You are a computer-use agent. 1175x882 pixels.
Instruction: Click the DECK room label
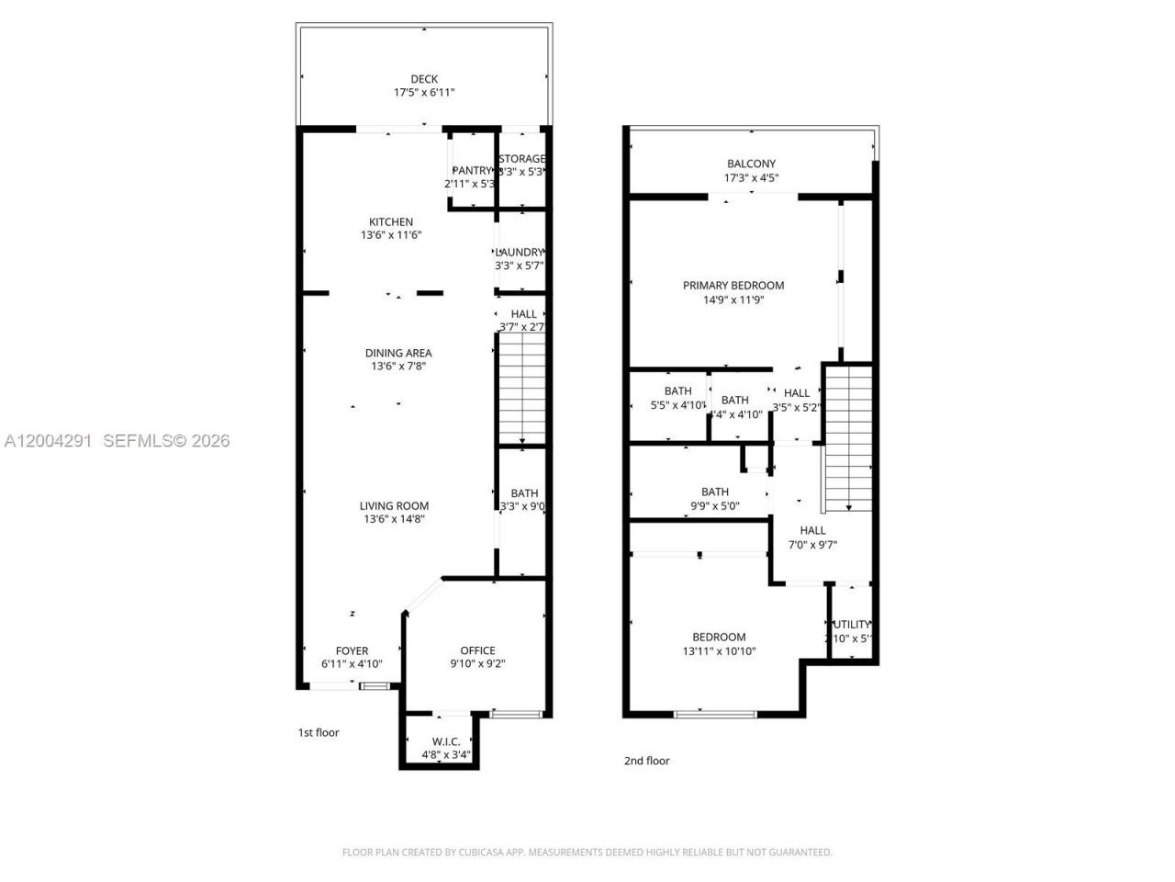(x=424, y=79)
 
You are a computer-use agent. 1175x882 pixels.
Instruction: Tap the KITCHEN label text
(x=391, y=221)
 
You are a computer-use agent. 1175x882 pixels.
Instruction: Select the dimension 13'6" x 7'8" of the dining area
(x=398, y=366)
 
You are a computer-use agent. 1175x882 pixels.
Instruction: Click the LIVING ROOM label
(x=394, y=505)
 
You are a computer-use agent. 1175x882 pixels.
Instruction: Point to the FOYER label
(x=352, y=650)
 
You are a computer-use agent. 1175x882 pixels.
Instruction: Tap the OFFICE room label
(x=477, y=650)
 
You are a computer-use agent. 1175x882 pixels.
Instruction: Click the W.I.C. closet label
(x=446, y=741)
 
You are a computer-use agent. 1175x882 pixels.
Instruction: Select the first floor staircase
(x=521, y=390)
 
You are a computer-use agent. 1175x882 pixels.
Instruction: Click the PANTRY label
(x=472, y=170)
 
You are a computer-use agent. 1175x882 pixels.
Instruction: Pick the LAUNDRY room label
(x=520, y=253)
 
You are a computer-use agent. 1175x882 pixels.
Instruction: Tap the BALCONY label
(x=751, y=164)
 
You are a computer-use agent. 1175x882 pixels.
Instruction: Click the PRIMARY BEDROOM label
(x=733, y=285)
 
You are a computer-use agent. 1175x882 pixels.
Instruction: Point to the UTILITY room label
(x=851, y=624)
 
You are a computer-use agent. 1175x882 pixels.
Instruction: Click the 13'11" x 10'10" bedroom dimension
(x=719, y=650)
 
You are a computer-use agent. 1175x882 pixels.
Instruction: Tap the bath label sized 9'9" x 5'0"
(x=715, y=492)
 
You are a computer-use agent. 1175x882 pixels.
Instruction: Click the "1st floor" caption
(x=319, y=732)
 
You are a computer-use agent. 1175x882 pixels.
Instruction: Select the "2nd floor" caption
(x=647, y=760)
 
